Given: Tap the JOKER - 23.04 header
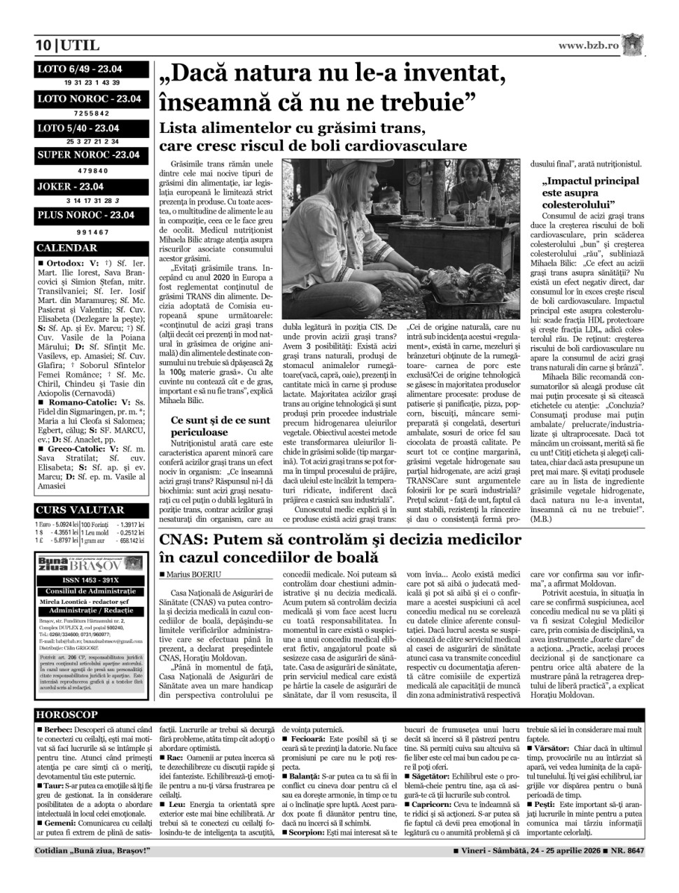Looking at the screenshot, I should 70,187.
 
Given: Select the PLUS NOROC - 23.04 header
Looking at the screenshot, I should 85,215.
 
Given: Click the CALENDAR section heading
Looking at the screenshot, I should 67,248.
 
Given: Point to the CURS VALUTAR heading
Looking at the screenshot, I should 80,510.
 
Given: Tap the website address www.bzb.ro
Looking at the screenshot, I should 589,45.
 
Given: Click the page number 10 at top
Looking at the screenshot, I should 43,46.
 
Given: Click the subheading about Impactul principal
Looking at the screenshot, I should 591,192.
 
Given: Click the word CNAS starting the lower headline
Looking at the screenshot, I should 183,540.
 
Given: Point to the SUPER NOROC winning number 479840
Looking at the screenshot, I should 92,171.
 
